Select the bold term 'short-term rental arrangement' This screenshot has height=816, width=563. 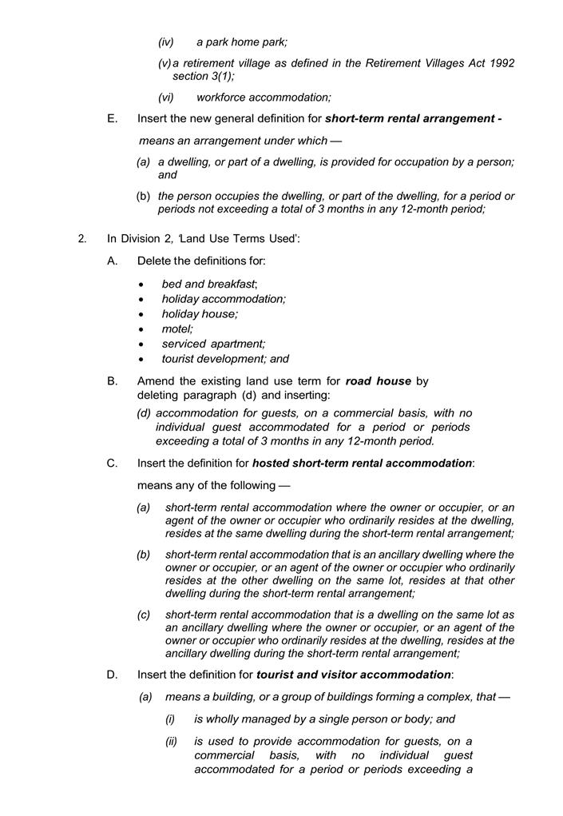(410, 119)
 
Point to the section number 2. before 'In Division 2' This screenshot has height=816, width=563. (82, 238)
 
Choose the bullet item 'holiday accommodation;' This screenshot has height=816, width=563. (224, 299)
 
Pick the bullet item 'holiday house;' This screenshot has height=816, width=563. (200, 314)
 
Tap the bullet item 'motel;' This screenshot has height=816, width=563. (177, 328)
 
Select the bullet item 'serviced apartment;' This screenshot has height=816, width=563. (213, 344)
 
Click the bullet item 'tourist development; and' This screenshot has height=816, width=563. (225, 359)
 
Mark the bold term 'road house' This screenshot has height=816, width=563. (378, 381)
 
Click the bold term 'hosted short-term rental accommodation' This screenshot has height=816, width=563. (362, 463)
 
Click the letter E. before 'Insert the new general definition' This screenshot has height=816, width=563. (113, 119)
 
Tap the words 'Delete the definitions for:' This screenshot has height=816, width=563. (201, 261)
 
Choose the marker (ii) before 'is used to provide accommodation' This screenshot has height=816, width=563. (171, 741)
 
